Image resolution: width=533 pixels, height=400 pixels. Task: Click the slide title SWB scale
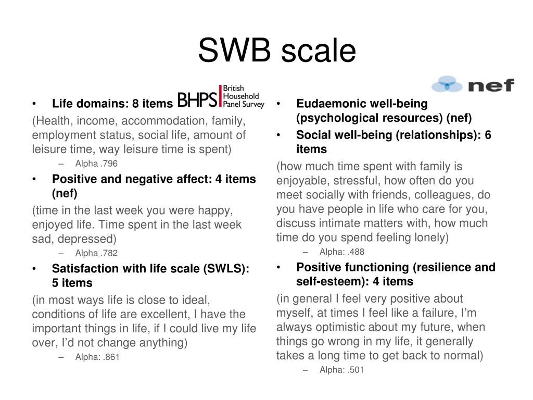pyautogui.click(x=276, y=51)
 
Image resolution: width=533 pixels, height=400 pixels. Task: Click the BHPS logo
pyautogui.click(x=221, y=97)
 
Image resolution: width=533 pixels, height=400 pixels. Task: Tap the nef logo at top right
pyautogui.click(x=473, y=84)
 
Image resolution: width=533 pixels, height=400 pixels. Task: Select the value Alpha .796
pyautogui.click(x=96, y=164)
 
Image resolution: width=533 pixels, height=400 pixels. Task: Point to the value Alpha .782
pyautogui.click(x=96, y=253)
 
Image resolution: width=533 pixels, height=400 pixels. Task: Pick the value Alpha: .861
pyautogui.click(x=97, y=357)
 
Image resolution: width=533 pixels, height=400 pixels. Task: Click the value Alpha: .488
pyautogui.click(x=342, y=252)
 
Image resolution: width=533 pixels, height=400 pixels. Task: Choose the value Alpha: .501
pyautogui.click(x=342, y=370)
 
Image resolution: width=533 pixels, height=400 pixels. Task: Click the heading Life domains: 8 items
pyautogui.click(x=112, y=104)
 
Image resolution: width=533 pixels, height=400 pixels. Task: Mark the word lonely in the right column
pyautogui.click(x=426, y=238)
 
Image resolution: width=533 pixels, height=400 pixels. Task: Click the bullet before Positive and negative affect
pyautogui.click(x=34, y=179)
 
